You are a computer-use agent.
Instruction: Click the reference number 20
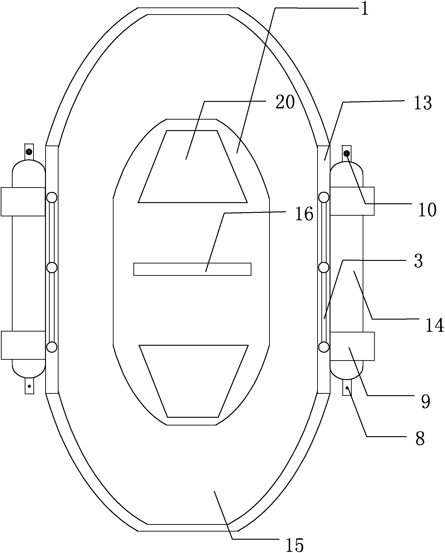(x=285, y=102)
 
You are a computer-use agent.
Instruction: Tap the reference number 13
(x=423, y=103)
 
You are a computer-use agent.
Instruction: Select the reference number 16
(x=304, y=214)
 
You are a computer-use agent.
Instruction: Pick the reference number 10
(x=427, y=210)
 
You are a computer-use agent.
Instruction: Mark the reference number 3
(x=418, y=261)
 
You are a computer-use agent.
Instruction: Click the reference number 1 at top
(x=365, y=9)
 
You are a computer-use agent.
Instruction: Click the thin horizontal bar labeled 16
(x=192, y=269)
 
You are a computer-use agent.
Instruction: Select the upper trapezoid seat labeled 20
(x=192, y=166)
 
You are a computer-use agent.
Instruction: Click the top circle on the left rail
(x=52, y=197)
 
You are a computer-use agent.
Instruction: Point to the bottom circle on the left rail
(x=52, y=347)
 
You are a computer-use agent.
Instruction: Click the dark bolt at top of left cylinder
(x=29, y=152)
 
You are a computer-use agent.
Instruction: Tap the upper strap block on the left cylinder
(x=23, y=202)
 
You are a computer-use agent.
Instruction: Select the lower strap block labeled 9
(x=352, y=346)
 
